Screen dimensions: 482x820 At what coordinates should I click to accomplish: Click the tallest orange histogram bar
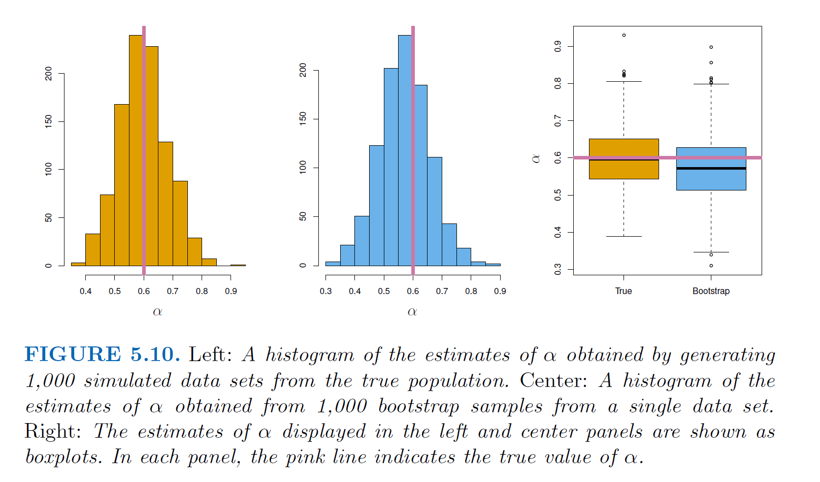click(x=136, y=152)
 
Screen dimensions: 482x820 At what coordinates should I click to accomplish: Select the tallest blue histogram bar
click(x=405, y=152)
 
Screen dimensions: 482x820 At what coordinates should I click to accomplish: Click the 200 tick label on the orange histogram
click(x=48, y=73)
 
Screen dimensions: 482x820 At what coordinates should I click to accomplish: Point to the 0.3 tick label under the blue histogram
click(x=325, y=291)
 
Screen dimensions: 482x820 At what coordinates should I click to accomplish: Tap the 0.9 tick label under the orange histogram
click(x=231, y=291)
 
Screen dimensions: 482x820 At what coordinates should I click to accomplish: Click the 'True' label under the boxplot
click(x=624, y=291)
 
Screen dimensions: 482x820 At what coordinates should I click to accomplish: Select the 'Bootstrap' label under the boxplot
click(x=711, y=291)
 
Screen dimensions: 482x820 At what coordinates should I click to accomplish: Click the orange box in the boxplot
click(x=624, y=170)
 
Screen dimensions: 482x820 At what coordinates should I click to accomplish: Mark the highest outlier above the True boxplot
click(x=624, y=35)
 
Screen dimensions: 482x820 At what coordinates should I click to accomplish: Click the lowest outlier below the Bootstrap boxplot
click(x=711, y=266)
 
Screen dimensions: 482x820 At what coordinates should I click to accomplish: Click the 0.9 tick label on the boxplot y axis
click(x=557, y=46)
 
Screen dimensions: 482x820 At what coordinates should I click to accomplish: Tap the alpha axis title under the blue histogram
click(x=412, y=312)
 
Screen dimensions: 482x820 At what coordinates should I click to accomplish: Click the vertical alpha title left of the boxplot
click(x=536, y=158)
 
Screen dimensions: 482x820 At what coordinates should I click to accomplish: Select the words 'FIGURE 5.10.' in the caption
click(x=102, y=355)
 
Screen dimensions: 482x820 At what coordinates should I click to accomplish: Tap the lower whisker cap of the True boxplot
click(x=624, y=236)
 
